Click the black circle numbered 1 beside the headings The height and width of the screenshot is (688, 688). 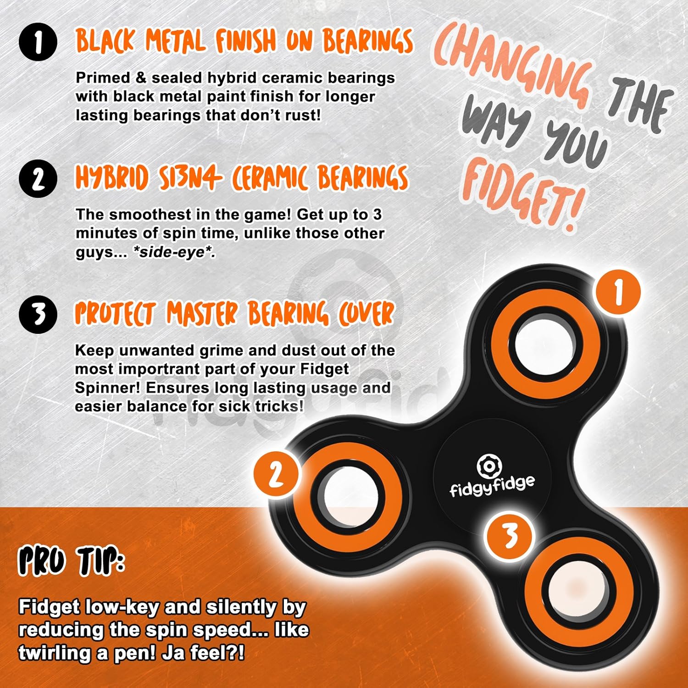39,43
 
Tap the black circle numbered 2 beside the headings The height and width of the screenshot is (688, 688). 39,179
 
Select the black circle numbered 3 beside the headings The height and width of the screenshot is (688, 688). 39,314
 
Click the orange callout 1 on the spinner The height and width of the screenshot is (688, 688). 618,292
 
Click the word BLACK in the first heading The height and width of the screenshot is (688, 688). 105,41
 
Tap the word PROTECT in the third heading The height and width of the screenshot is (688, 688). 116,314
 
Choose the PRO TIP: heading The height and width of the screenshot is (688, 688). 72,561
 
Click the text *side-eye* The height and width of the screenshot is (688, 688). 174,252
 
